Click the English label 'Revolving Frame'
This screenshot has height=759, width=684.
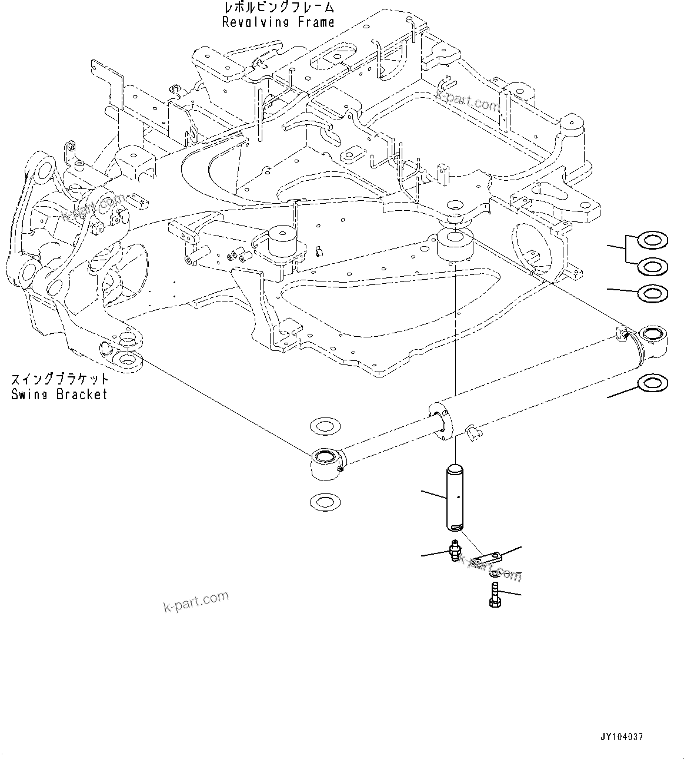point(278,22)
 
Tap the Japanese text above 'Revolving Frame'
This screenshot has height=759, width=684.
point(278,8)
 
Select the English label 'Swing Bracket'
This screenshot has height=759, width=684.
point(59,394)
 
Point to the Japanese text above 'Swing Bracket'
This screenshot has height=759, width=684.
point(59,379)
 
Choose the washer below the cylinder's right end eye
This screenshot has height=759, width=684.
point(653,383)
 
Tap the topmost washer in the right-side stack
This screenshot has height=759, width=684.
point(653,240)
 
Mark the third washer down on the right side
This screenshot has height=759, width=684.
point(653,293)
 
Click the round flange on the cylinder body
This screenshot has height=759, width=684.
point(440,419)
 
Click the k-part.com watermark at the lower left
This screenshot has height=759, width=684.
point(196,601)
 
